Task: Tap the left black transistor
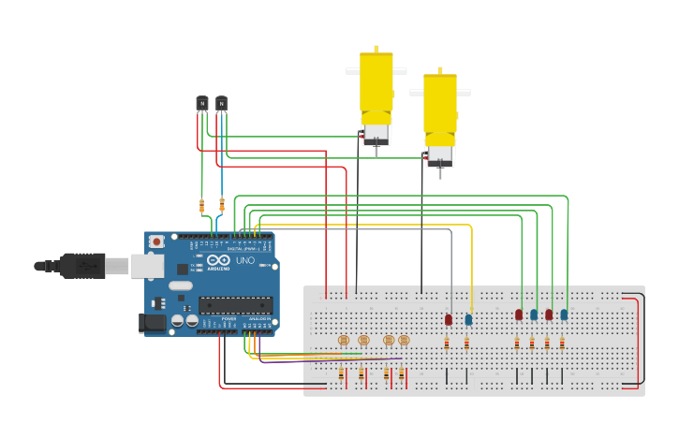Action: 201,103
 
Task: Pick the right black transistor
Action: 221,103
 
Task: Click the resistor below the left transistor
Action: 201,205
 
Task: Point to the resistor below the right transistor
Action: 222,205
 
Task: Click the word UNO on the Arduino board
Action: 244,260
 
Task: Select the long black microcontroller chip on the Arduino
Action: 235,304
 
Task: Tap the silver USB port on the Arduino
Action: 145,266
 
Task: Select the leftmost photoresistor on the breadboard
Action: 343,340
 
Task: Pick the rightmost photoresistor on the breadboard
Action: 405,340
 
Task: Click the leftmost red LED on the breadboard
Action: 449,320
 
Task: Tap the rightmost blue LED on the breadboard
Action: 564,315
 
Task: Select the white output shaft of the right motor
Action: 440,172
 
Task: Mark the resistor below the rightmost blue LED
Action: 562,344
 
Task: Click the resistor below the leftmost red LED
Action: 447,344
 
